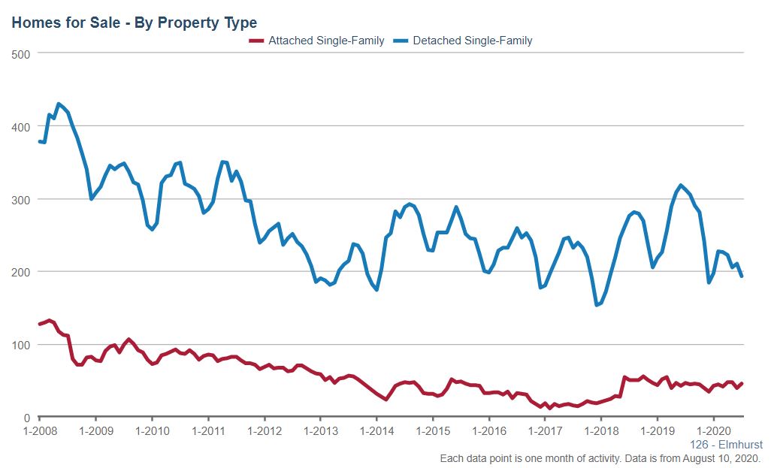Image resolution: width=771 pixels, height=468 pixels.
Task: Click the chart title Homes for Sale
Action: (134, 23)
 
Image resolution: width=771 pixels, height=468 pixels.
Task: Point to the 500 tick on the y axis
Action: (20, 53)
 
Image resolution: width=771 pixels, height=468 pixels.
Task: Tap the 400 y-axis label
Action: (20, 126)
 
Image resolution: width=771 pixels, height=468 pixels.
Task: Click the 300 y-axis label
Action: (20, 199)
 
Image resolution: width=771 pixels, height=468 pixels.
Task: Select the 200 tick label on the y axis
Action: (20, 272)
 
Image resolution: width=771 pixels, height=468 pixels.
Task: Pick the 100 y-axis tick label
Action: (20, 345)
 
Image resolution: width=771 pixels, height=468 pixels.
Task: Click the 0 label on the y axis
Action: (26, 418)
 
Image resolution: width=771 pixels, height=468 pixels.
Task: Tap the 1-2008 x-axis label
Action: (39, 432)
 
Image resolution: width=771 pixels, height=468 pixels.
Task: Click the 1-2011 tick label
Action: (208, 432)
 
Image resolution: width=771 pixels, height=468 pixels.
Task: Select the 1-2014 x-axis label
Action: (376, 432)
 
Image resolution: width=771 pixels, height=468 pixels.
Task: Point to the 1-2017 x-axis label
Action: (546, 432)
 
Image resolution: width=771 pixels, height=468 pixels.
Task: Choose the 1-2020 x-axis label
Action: (714, 432)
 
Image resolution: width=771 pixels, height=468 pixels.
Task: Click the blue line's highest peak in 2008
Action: (59, 104)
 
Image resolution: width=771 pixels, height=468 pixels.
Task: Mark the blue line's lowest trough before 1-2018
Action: (597, 305)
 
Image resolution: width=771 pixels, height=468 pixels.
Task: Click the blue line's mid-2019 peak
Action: (681, 185)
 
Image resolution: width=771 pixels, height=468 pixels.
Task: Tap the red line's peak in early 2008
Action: (49, 320)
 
